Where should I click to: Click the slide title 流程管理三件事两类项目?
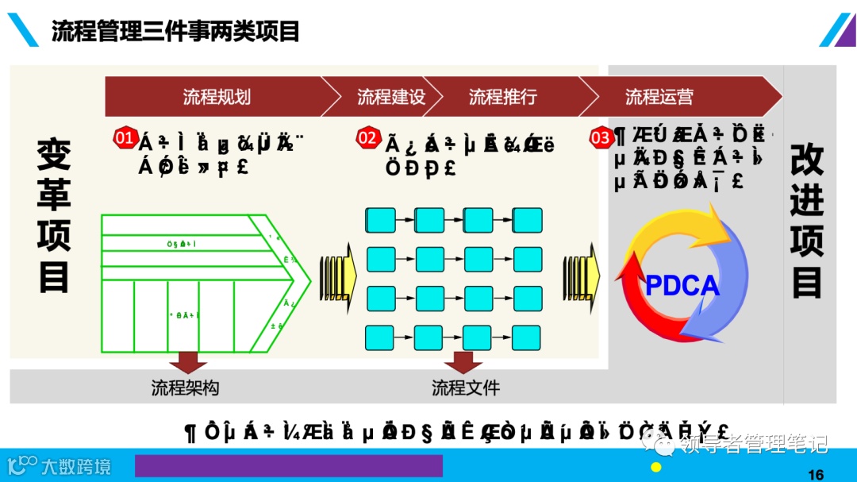pyautogui.click(x=175, y=31)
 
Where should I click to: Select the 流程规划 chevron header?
pyautogui.click(x=216, y=97)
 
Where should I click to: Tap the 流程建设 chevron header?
pyautogui.click(x=391, y=97)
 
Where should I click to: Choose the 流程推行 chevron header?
pyautogui.click(x=502, y=97)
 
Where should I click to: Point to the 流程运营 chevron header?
pyautogui.click(x=659, y=97)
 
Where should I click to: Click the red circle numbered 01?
pyautogui.click(x=125, y=137)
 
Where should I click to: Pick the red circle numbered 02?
pyautogui.click(x=367, y=138)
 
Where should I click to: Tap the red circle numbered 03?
pyautogui.click(x=601, y=138)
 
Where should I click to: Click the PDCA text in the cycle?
pyautogui.click(x=682, y=286)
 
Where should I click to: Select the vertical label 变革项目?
pyautogui.click(x=54, y=215)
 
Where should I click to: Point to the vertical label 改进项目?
pyautogui.click(x=807, y=222)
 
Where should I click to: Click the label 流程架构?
pyautogui.click(x=185, y=388)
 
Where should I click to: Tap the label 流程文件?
pyautogui.click(x=466, y=388)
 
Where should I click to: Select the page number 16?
pyautogui.click(x=815, y=474)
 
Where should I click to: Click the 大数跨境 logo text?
pyautogui.click(x=77, y=466)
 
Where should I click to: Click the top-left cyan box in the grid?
pyautogui.click(x=380, y=220)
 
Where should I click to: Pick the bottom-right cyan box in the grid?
pyautogui.click(x=528, y=337)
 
